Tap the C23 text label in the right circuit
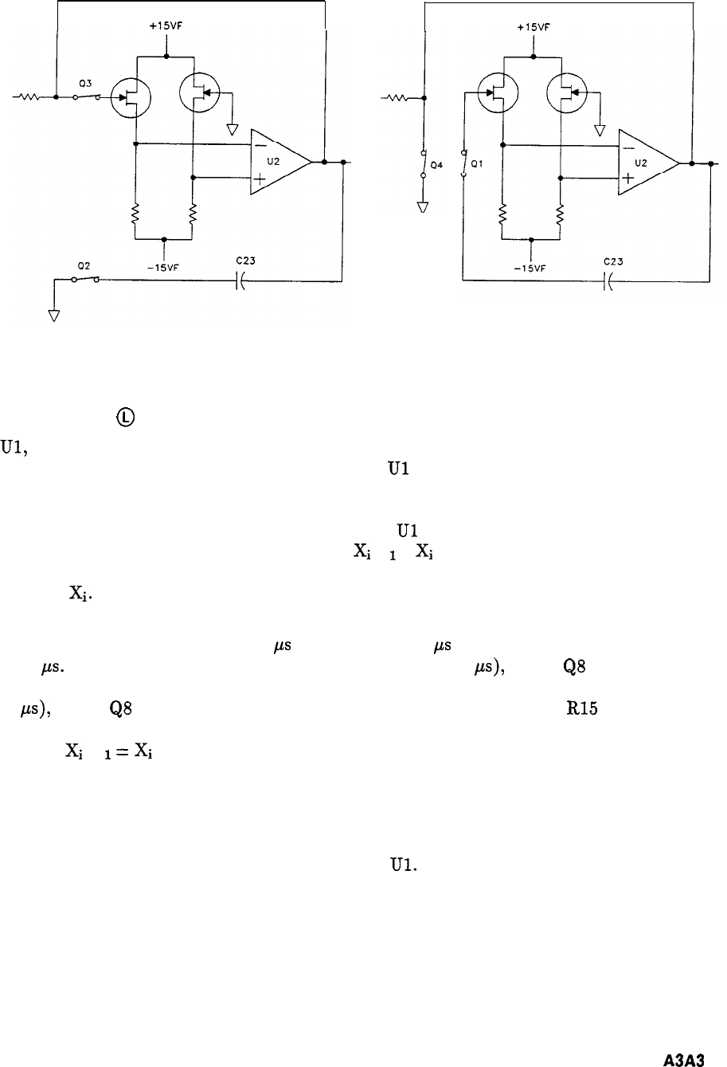click(x=612, y=261)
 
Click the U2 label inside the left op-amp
click(x=275, y=161)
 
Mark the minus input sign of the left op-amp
click(x=260, y=144)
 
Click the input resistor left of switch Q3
click(x=29, y=99)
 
